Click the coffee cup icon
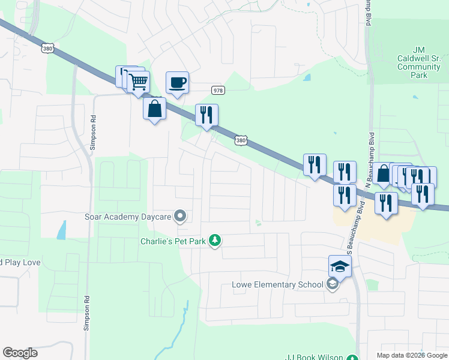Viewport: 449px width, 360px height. [177, 82]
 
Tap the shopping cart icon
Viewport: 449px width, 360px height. [139, 81]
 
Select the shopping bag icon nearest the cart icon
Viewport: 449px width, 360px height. [155, 109]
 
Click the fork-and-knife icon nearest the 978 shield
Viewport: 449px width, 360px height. [206, 115]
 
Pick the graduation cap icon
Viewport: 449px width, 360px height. [339, 266]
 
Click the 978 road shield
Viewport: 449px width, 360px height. [218, 90]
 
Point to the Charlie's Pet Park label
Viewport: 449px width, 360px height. [173, 241]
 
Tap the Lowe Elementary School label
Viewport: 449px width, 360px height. [277, 284]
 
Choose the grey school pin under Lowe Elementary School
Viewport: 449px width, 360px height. [332, 285]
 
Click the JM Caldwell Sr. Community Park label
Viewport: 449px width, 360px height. [420, 62]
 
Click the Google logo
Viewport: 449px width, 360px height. [20, 353]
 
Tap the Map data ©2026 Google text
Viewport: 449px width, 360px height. [412, 355]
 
